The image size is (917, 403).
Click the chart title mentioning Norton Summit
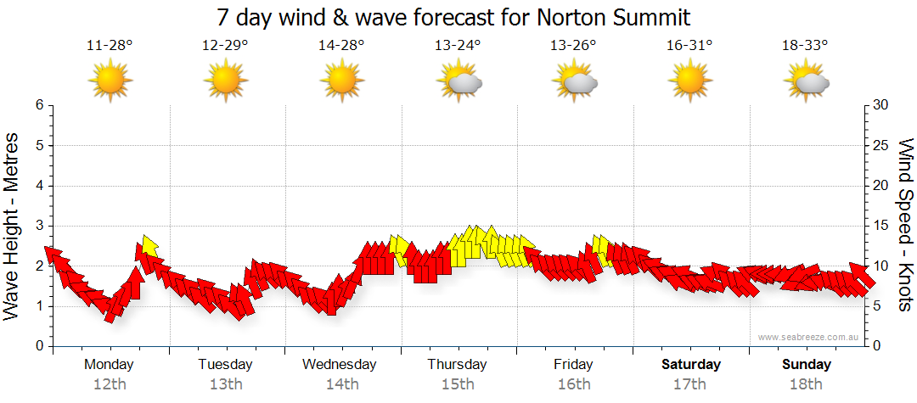coord(453,17)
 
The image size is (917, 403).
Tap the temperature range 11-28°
coord(110,46)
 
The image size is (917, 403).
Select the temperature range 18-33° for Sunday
coord(805,46)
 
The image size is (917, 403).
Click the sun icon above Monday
coord(110,81)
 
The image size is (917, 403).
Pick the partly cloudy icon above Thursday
coord(458,81)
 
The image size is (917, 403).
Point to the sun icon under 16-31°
coord(689,81)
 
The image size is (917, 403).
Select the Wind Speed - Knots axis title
coord(905,225)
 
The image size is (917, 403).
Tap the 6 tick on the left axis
coord(39,105)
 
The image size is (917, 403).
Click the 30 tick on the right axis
coord(881,105)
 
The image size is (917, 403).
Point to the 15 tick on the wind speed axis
coord(881,227)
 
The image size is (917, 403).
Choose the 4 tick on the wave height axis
coord(39,186)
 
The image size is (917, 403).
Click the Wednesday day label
coord(340,365)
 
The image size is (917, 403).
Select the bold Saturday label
coord(691,365)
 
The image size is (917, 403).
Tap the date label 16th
coord(574,383)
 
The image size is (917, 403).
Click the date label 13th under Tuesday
coord(226,383)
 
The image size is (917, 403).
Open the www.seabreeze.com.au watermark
coord(810,337)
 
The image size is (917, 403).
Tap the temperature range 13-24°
coord(458,46)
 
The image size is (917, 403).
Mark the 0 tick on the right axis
coord(876,347)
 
